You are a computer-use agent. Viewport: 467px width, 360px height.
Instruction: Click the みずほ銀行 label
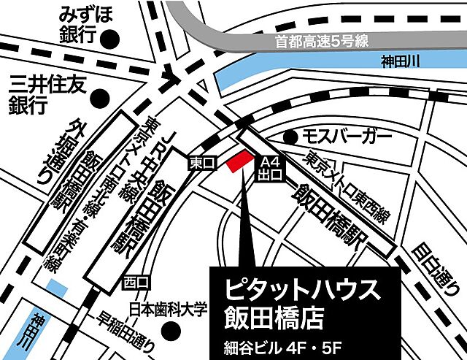point(82,24)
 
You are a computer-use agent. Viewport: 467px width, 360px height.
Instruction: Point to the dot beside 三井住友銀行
point(102,95)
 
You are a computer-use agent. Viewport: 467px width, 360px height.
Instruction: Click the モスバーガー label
point(339,136)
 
